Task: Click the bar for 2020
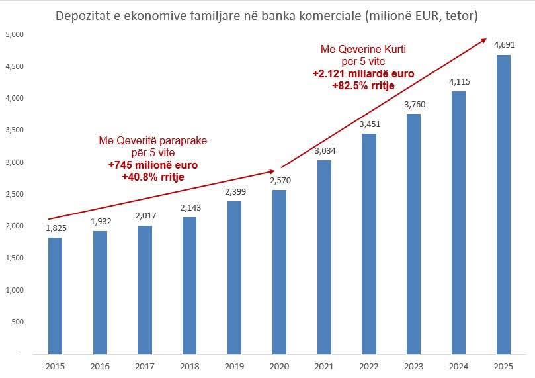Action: pos(280,271)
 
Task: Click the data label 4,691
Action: pos(503,44)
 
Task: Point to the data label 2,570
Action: pos(280,180)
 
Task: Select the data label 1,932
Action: pos(101,220)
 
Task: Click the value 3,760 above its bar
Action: pos(414,104)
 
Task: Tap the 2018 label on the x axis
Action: pos(190,365)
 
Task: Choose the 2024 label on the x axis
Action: pos(459,365)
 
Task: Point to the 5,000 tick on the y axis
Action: pos(14,34)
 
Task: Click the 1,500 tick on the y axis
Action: pos(14,258)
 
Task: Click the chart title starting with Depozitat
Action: pos(267,15)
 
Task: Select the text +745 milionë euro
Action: pos(152,165)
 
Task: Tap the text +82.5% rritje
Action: pos(363,85)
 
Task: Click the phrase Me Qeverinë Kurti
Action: pos(363,50)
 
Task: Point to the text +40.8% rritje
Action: pos(152,177)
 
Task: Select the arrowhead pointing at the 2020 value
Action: pos(272,172)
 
